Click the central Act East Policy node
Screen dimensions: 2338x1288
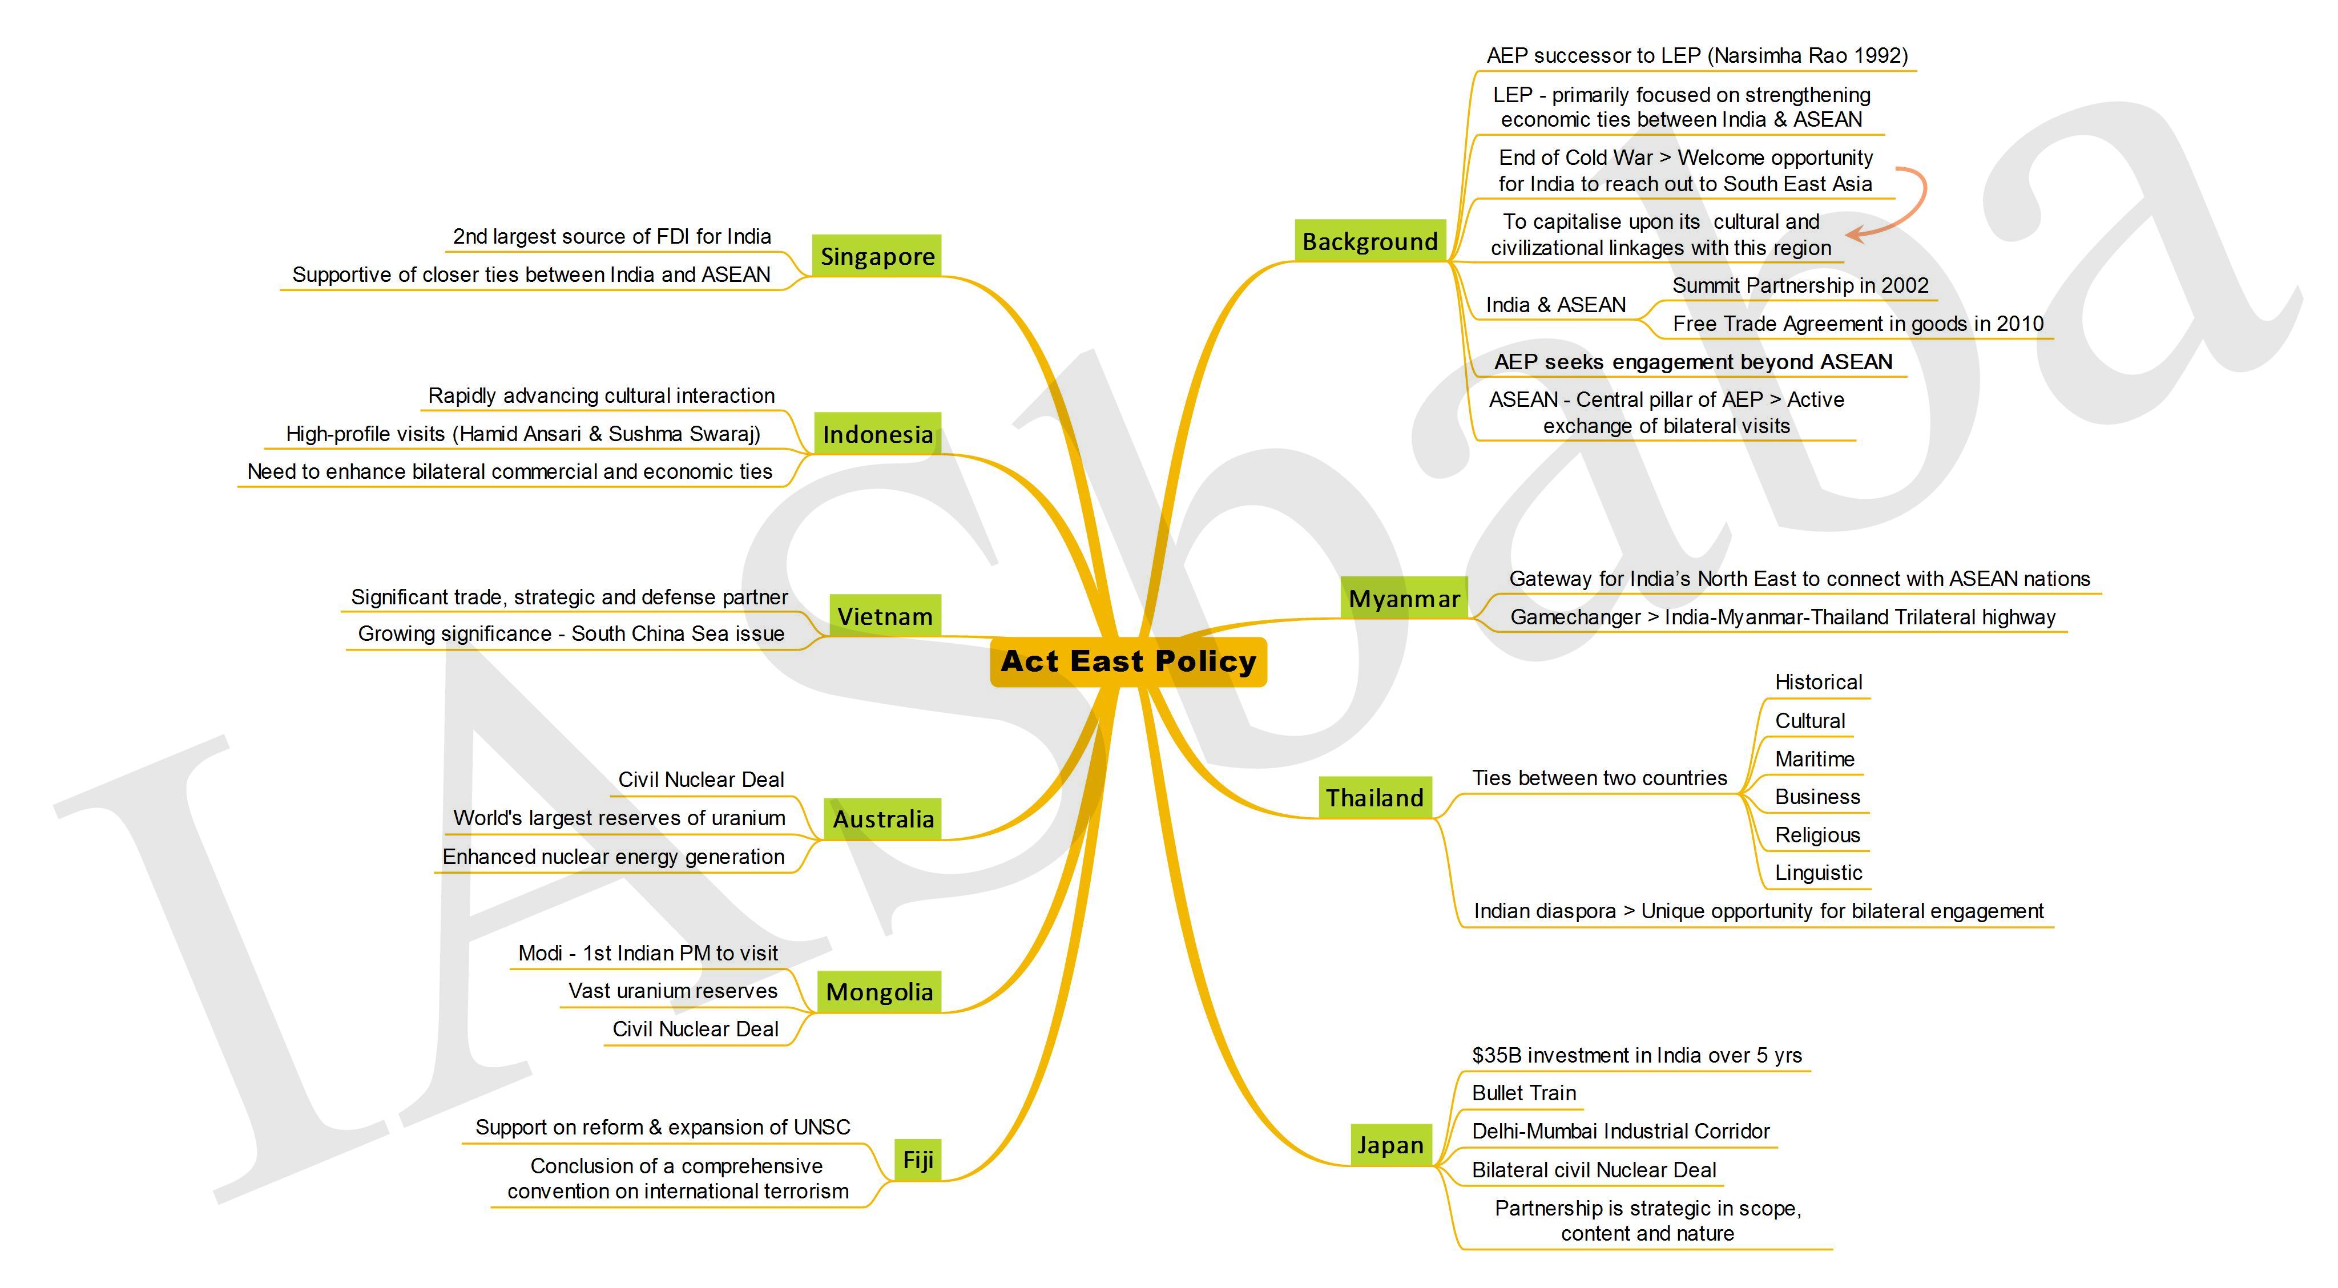pyautogui.click(x=1128, y=662)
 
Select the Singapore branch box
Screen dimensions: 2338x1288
pyautogui.click(x=877, y=256)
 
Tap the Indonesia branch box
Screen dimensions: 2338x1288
pyautogui.click(x=877, y=434)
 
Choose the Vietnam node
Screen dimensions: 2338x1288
pyautogui.click(x=885, y=616)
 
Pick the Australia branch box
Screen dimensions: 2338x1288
pyautogui.click(x=882, y=819)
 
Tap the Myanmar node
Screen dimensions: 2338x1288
pyautogui.click(x=1404, y=598)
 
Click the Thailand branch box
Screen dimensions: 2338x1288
pyautogui.click(x=1375, y=798)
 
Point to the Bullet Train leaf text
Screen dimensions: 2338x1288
pyautogui.click(x=1524, y=1093)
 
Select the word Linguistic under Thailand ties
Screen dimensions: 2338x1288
pyautogui.click(x=1818, y=873)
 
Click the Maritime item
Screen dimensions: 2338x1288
pyautogui.click(x=1815, y=759)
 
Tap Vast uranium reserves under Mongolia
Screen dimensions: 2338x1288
pyautogui.click(x=672, y=991)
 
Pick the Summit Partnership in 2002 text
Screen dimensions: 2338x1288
pyautogui.click(x=1800, y=286)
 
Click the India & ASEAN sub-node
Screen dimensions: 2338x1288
pyautogui.click(x=1555, y=305)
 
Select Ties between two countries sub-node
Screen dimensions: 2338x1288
pyautogui.click(x=1599, y=778)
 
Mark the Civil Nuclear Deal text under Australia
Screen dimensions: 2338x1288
pyautogui.click(x=701, y=780)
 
